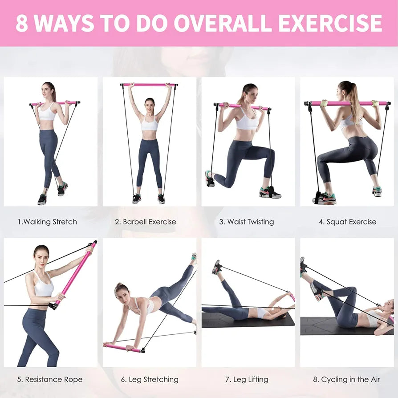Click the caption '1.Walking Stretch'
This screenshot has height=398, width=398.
pos(47,222)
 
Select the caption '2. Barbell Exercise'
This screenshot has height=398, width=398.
pos(146,222)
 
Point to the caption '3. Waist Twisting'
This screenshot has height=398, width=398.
pos(246,222)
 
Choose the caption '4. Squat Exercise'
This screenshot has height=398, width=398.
pos(347,222)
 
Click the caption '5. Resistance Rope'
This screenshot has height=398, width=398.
pos(50,380)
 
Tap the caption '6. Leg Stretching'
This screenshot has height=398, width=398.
pos(150,380)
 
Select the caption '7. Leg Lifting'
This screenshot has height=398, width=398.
pos(247,380)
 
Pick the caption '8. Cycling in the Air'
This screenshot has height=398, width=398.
pos(347,380)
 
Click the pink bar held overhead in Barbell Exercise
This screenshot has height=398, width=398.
pos(149,85)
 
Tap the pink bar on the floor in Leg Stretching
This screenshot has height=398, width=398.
pos(123,347)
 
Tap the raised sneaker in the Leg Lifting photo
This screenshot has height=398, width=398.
pos(217,267)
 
